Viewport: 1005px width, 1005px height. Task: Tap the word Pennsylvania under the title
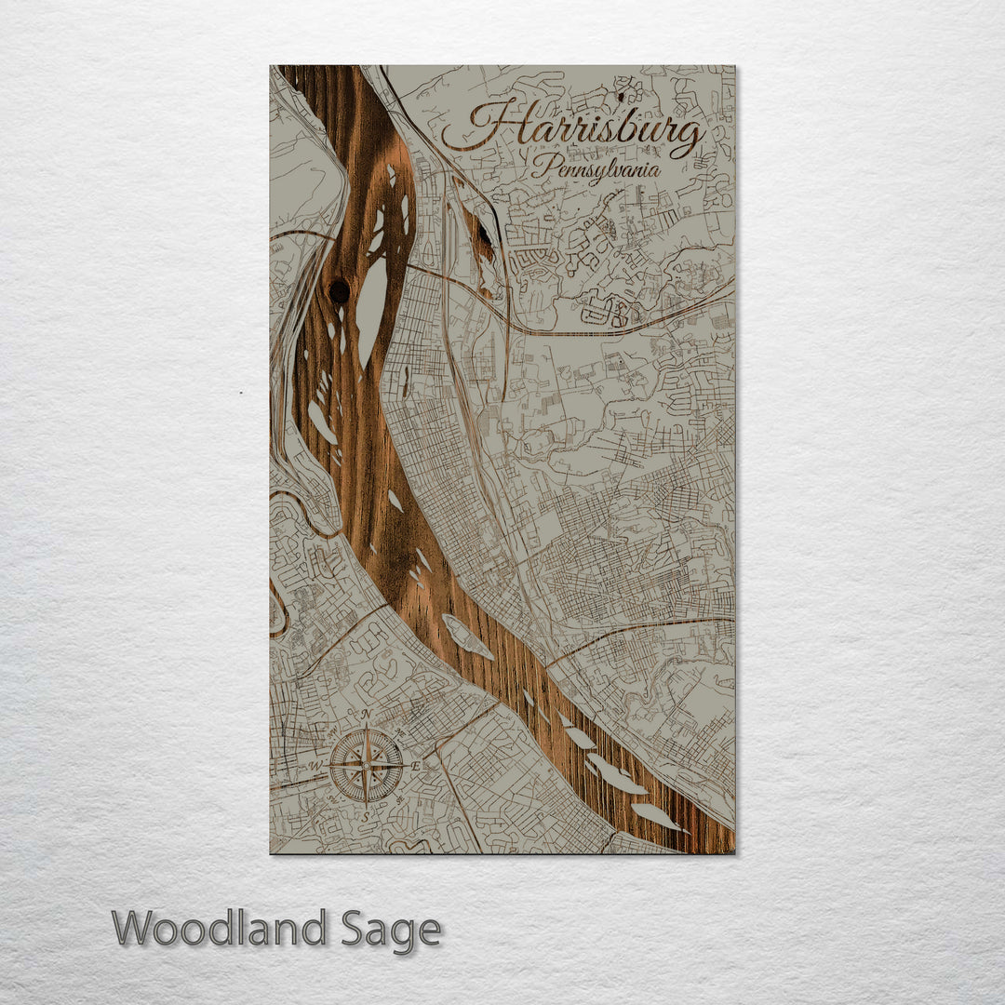[596, 168]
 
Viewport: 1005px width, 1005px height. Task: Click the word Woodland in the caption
[220, 929]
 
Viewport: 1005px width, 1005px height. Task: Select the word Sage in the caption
[390, 929]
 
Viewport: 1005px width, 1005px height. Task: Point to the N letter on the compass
[367, 715]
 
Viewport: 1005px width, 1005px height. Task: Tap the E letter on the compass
[416, 766]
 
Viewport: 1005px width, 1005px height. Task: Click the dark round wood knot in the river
[340, 291]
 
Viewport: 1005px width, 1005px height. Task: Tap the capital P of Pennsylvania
[542, 167]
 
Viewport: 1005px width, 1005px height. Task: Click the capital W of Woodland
[133, 929]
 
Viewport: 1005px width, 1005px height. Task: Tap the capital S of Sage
[354, 929]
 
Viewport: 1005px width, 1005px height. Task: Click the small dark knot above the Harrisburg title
[620, 95]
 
